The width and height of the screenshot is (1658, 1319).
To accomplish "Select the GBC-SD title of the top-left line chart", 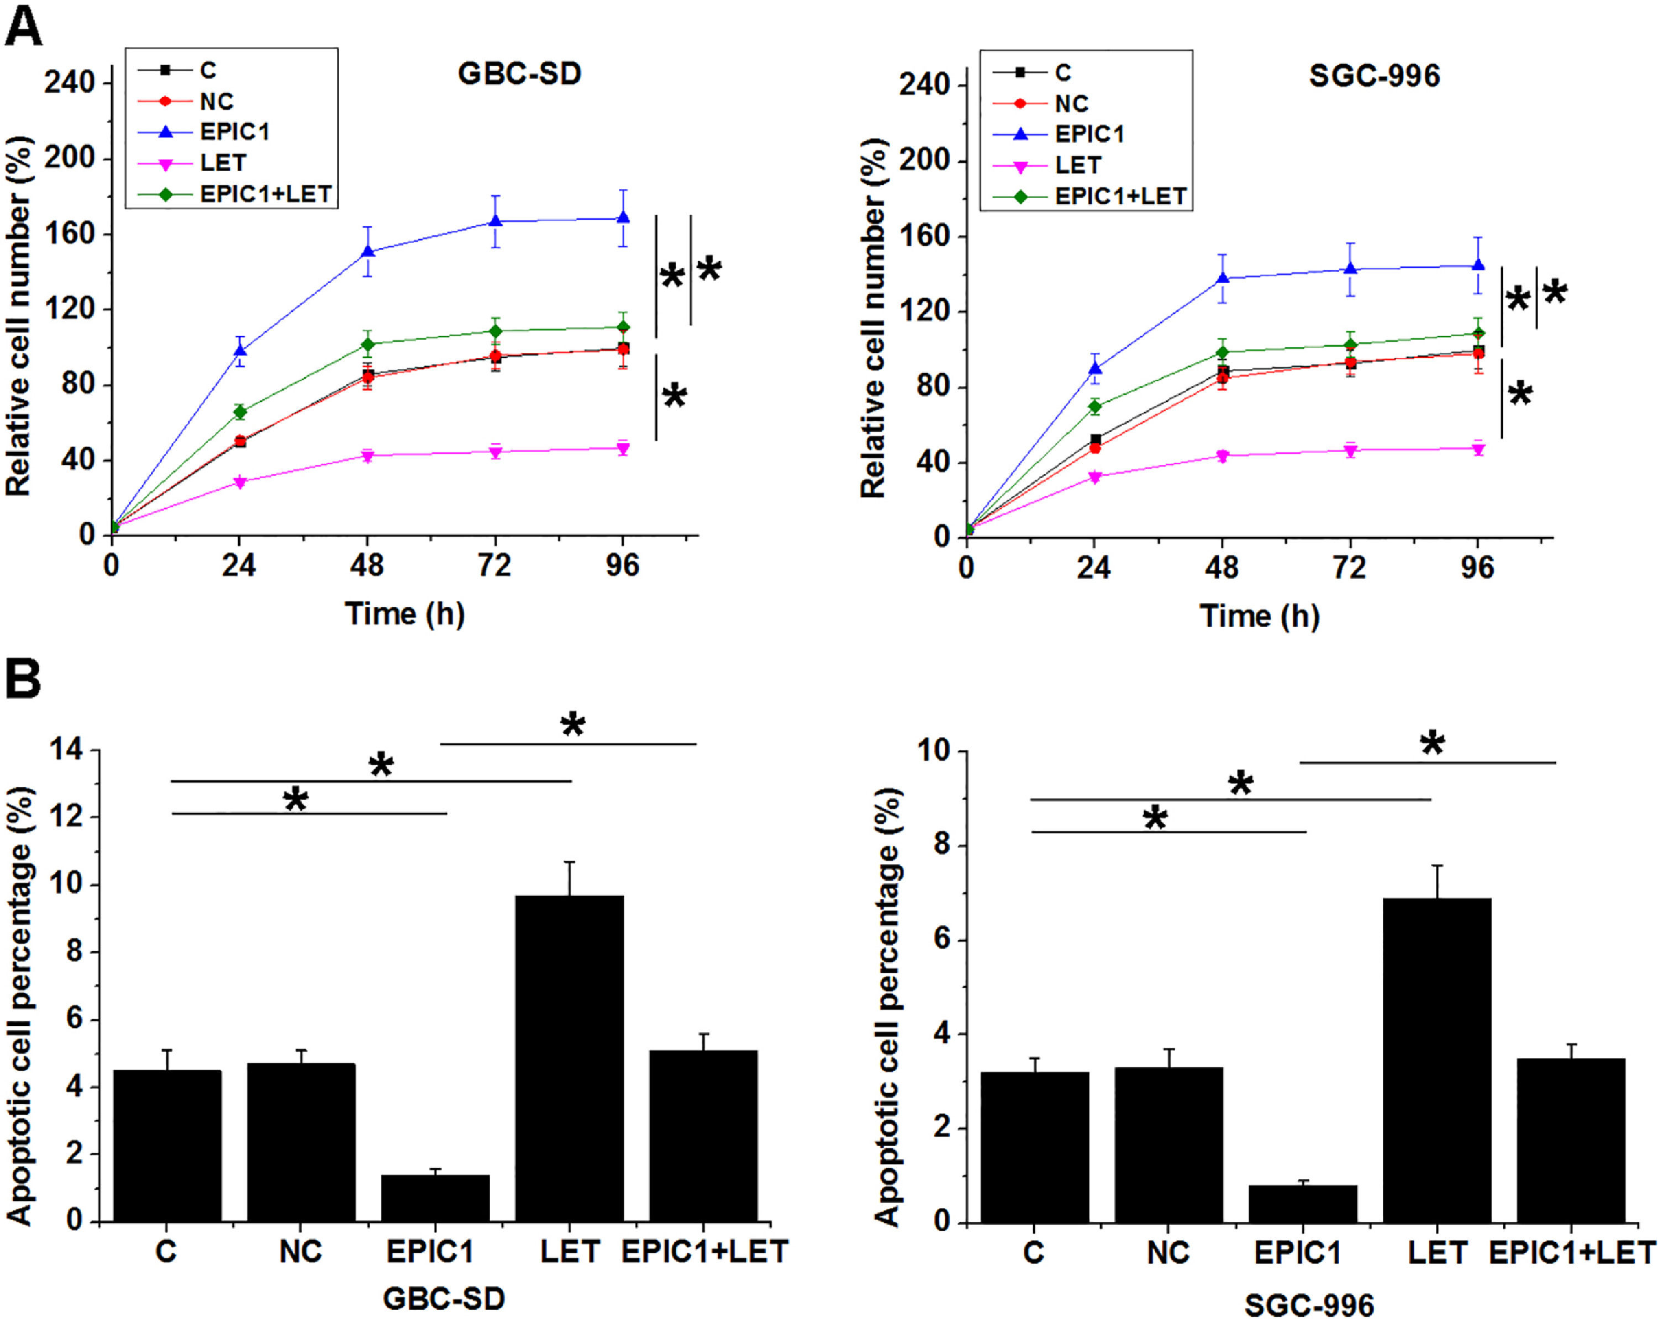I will coord(519,74).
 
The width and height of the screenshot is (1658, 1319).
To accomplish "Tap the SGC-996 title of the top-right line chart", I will coord(1374,76).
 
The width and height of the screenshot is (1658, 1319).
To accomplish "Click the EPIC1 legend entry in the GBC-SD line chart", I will coord(235,132).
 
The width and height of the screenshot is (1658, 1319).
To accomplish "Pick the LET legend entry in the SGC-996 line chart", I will coord(1077,165).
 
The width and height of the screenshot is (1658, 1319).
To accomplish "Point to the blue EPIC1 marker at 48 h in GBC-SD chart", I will coord(367,251).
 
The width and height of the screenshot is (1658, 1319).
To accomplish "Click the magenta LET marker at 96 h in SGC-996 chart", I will coord(1477,449).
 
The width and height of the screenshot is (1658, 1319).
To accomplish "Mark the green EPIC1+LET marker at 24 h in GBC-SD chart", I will coord(240,412).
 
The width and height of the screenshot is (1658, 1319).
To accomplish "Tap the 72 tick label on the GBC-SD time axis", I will coord(494,566).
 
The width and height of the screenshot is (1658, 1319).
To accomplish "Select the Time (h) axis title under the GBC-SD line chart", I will coord(404,613).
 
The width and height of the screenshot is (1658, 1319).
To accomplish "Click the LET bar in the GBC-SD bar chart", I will coord(569,1058).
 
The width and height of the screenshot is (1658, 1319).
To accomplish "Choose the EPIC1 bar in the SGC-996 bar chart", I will coord(1303,1203).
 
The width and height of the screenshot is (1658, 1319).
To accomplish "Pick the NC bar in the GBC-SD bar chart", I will coord(301,1142).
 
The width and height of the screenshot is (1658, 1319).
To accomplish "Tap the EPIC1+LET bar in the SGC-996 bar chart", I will coord(1570,1140).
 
